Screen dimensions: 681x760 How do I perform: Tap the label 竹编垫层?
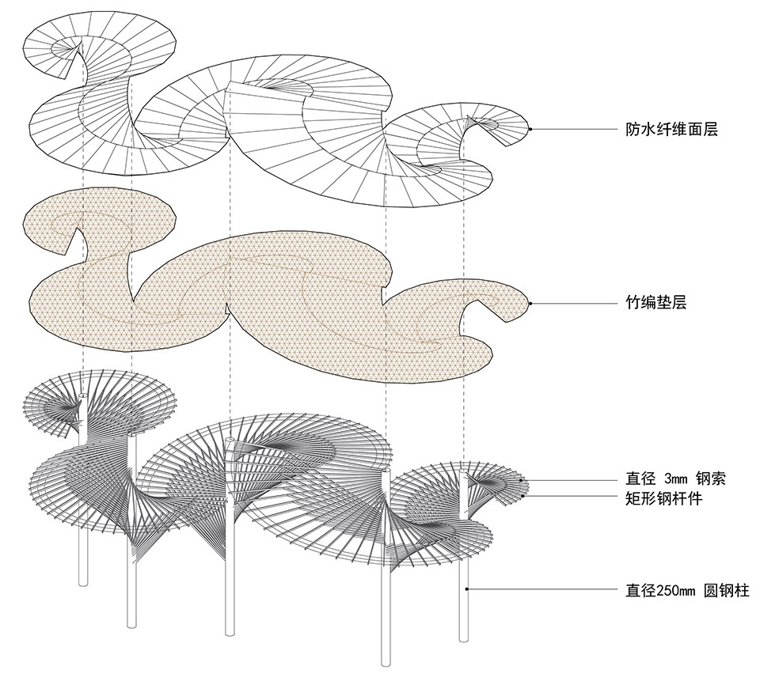pyautogui.click(x=655, y=303)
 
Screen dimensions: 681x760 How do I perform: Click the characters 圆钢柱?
pyautogui.click(x=727, y=590)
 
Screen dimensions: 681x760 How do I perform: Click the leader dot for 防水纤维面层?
pyautogui.click(x=530, y=129)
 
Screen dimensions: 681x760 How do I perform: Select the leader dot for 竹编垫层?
pyautogui.click(x=530, y=303)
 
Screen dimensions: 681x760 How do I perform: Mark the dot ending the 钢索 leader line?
pyautogui.click(x=520, y=479)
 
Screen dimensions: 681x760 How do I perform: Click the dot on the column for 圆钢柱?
pyautogui.click(x=468, y=588)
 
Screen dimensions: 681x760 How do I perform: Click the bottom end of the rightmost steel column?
pyautogui.click(x=464, y=639)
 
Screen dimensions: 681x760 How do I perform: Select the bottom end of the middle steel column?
pyautogui.click(x=230, y=633)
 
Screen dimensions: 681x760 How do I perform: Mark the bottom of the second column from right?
pyautogui.click(x=386, y=663)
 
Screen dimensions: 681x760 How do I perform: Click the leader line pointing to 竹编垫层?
pyautogui.click(x=570, y=303)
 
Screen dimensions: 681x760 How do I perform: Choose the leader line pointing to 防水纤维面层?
pyautogui.click(x=570, y=129)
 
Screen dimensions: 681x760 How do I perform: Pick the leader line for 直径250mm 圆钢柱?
pyautogui.click(x=538, y=588)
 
